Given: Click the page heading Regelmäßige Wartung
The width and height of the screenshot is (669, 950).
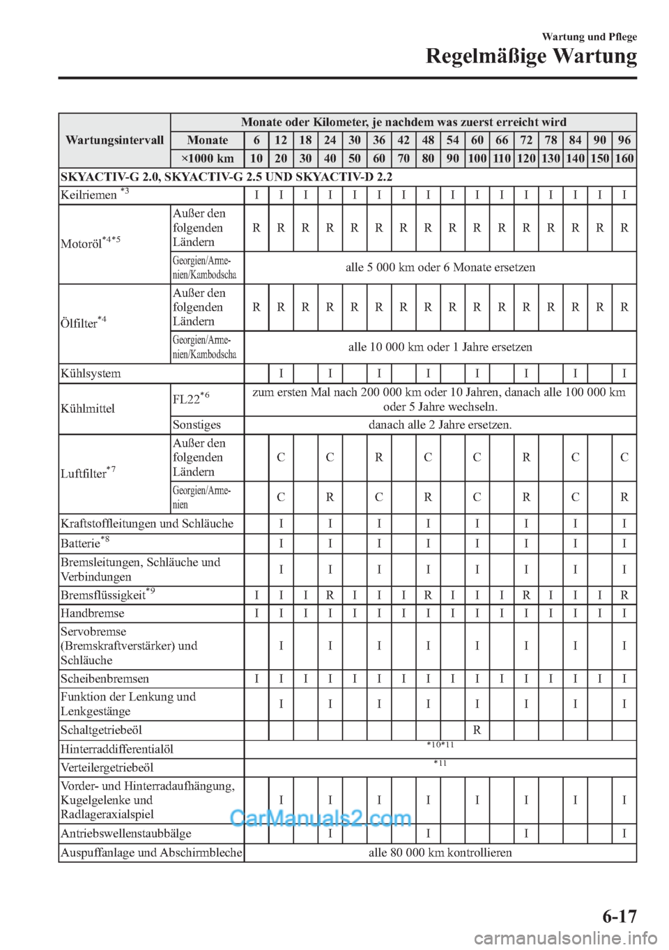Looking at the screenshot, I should (x=531, y=56).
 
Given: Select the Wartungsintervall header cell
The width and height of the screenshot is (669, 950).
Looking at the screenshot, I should (x=114, y=140).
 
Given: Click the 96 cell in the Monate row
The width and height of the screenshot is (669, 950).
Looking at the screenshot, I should (x=624, y=140).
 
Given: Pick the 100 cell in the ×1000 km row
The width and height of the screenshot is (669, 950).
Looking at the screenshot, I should (x=477, y=158).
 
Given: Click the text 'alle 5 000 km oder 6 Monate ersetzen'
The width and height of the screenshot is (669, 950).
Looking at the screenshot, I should (x=440, y=268).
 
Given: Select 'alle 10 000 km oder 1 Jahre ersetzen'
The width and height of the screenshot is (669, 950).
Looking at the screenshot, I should (x=440, y=347).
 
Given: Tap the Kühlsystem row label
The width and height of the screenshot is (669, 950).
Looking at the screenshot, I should (x=91, y=374).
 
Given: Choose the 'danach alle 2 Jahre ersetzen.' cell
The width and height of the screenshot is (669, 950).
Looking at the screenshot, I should (x=440, y=424).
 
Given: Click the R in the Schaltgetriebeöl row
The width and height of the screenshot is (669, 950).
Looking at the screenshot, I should (x=477, y=730).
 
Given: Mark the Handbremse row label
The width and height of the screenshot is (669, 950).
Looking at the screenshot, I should (x=93, y=613).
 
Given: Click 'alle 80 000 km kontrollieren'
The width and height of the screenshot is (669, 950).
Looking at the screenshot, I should (x=440, y=852).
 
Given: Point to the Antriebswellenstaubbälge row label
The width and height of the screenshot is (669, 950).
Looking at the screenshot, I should (x=126, y=834).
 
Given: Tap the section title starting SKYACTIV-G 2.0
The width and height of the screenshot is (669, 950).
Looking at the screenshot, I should (x=226, y=176).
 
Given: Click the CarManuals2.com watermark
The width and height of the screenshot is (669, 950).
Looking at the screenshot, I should (x=320, y=818).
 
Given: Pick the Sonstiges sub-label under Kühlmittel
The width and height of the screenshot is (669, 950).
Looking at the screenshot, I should (x=197, y=424).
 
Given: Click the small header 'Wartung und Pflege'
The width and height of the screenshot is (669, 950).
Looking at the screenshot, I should (x=589, y=37).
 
